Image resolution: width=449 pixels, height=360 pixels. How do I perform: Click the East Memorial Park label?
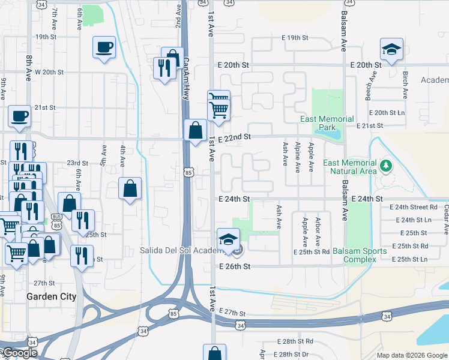click(x=327, y=123)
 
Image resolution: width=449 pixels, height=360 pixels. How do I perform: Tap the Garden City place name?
click(x=51, y=296)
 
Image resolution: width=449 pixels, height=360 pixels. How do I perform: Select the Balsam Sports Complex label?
click(x=360, y=254)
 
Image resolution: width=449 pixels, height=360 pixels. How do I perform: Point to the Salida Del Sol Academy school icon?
click(x=228, y=240)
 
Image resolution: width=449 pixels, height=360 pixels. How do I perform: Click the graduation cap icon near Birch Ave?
click(x=391, y=49)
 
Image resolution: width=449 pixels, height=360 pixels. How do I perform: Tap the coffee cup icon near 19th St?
click(x=104, y=47)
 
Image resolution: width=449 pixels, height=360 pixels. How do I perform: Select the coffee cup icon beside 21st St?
click(x=19, y=116)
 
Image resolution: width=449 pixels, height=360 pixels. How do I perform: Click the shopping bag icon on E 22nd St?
click(x=196, y=130)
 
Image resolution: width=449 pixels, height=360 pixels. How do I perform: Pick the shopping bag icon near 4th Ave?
click(x=130, y=189)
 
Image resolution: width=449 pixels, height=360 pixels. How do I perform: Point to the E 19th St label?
click(x=295, y=38)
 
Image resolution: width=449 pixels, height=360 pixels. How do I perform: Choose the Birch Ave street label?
click(x=405, y=85)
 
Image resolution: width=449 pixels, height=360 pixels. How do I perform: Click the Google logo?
click(x=19, y=353)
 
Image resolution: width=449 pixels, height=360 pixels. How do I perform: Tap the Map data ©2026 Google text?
click(x=411, y=355)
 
